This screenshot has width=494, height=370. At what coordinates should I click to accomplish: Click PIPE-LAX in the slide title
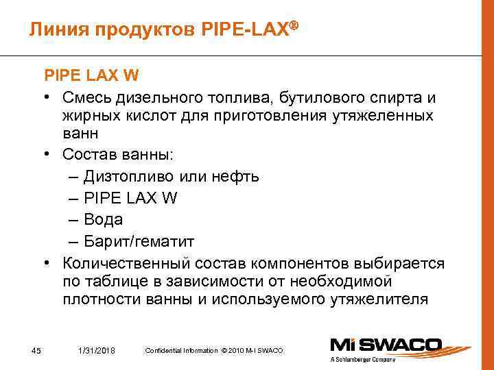[x=248, y=29]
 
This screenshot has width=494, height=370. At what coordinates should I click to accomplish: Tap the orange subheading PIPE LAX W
[x=93, y=75]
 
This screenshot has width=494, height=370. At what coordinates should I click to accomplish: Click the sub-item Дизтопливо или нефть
[x=171, y=176]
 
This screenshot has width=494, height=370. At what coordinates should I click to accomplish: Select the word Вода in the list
[x=103, y=219]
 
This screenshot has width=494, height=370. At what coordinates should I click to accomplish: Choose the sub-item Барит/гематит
[x=139, y=241]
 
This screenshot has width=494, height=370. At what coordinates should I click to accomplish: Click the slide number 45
[x=36, y=351]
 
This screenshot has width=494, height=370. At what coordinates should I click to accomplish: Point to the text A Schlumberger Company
[x=364, y=359]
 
